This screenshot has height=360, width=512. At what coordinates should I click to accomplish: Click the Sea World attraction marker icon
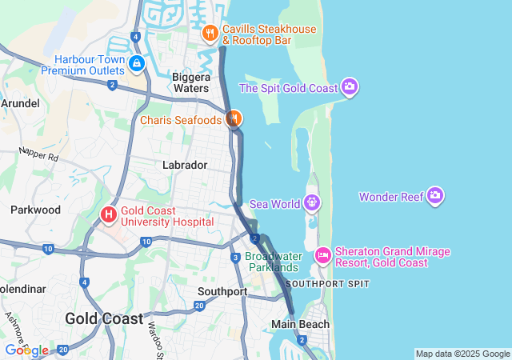pos(312,203)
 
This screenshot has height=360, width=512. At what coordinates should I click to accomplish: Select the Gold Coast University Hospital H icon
pos(109,215)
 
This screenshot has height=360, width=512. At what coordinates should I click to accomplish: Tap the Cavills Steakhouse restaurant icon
pos(210,33)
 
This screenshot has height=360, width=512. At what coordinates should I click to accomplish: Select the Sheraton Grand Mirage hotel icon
pos(323,256)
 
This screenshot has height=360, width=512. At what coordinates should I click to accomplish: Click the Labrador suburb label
pos(185,165)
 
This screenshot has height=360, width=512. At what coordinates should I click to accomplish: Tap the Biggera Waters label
pos(190,82)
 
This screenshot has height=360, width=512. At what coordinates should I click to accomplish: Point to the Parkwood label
pos(35,210)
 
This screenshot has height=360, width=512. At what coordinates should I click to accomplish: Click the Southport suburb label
pos(222,291)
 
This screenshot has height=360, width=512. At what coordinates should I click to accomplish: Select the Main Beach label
pos(300,324)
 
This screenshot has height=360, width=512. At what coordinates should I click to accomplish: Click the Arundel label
pos(19,103)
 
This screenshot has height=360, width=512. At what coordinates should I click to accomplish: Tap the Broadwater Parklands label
pos(274,262)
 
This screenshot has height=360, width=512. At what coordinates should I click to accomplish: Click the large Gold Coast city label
pos(104,318)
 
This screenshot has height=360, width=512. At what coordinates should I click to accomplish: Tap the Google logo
pos(26,350)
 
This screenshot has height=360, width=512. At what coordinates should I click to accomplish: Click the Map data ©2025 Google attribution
pos(462,354)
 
